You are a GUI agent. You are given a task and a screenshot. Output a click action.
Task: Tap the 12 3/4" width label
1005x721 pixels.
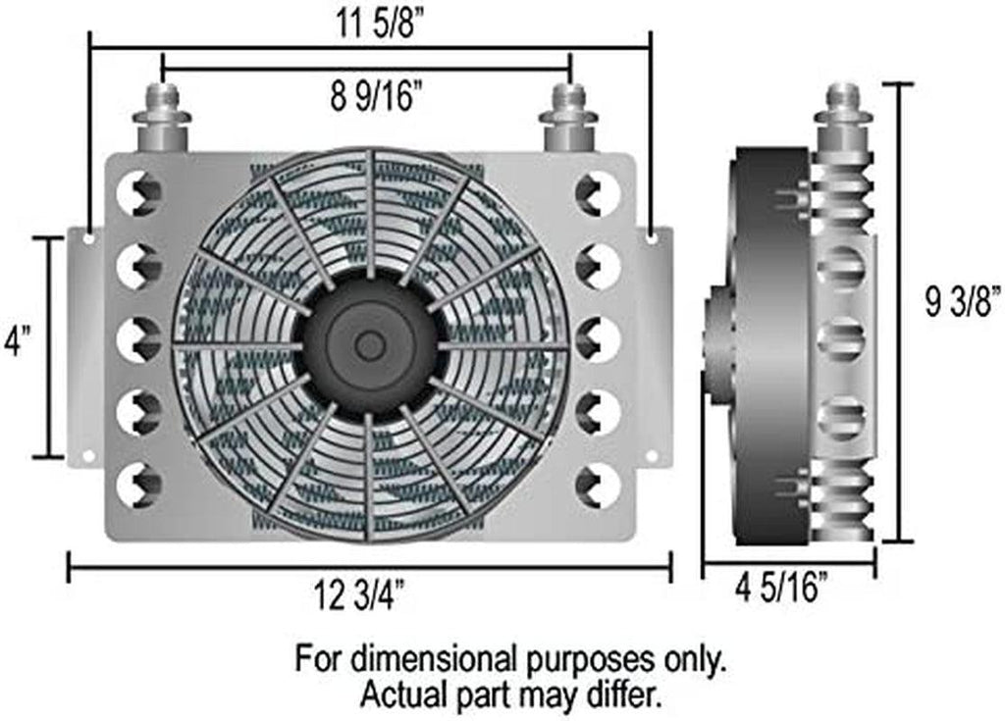pos(359,594)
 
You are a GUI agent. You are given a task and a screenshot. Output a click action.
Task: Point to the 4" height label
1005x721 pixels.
pos(17,341)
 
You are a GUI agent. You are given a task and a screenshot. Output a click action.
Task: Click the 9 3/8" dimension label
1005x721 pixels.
pos(963,301)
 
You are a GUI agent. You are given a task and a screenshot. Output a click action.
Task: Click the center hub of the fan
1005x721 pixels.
pos(370,346)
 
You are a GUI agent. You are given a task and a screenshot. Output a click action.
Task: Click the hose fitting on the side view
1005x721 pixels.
pos(843,116)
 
